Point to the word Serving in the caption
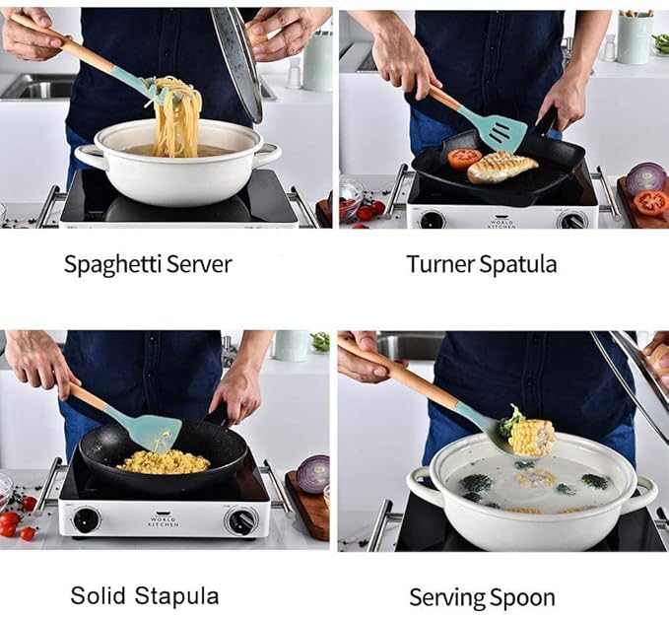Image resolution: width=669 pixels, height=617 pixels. click(443, 597)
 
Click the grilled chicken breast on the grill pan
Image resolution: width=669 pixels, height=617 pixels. click(502, 167)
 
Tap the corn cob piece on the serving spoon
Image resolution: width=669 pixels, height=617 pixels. click(532, 436)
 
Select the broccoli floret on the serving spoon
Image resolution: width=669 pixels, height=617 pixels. click(509, 422)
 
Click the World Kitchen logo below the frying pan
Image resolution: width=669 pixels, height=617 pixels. click(164, 518)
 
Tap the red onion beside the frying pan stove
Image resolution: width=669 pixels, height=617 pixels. click(313, 474)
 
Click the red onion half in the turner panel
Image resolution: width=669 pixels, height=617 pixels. click(645, 178)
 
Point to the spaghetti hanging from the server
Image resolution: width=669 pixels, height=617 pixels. click(179, 120)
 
